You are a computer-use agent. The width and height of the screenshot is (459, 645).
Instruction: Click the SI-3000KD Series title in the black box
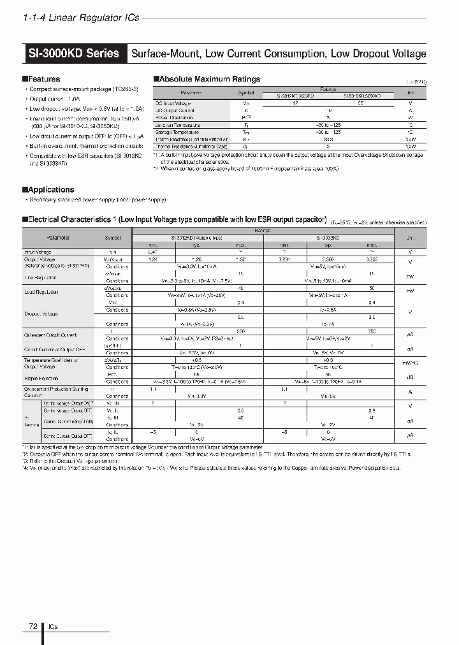[x=74, y=54]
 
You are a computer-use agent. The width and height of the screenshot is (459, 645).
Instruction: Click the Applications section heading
[x=50, y=190]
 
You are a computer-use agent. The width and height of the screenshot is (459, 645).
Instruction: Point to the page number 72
[x=33, y=627]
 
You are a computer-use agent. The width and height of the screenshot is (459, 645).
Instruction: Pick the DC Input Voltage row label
[x=173, y=103]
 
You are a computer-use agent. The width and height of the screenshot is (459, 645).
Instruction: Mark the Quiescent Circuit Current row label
[x=50, y=335]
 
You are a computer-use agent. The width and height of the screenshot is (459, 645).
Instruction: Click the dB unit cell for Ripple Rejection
[x=410, y=377]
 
